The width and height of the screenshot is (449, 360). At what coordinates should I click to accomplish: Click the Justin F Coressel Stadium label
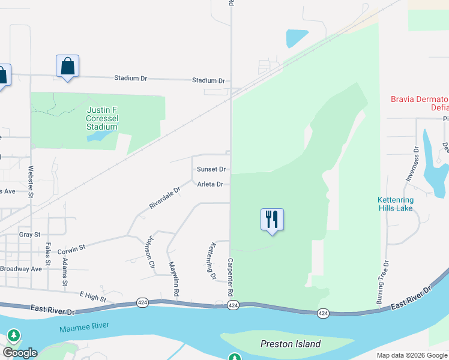pos(102,118)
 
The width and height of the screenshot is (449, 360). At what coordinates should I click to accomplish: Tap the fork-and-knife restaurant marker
pos(272,220)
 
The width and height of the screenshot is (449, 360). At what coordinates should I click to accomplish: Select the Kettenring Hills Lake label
pos(396,203)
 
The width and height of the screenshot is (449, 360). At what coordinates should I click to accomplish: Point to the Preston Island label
pos(291,344)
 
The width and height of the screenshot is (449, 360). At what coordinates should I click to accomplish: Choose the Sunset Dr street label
pos(211,169)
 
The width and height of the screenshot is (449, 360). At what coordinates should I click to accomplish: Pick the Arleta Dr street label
pos(210,184)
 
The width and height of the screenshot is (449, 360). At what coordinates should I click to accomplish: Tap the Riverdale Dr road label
pos(165,198)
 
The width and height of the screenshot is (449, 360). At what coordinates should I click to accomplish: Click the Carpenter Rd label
pos(230,277)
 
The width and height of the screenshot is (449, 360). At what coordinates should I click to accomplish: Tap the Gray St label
pos(29,235)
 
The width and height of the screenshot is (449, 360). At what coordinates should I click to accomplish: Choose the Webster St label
pos(31,178)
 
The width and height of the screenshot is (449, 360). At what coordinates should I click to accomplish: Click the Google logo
pos(20,353)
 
